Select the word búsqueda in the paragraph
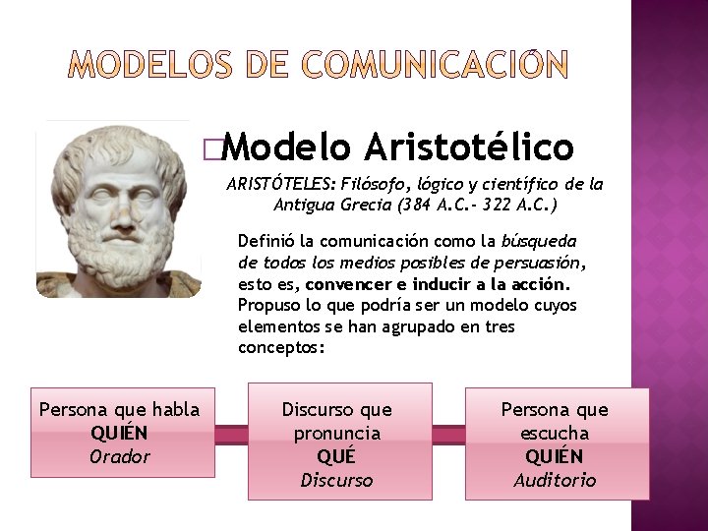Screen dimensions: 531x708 click(x=540, y=241)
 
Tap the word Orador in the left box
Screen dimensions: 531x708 click(x=119, y=456)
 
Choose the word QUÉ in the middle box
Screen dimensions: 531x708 click(x=336, y=456)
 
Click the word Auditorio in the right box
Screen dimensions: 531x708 click(x=555, y=480)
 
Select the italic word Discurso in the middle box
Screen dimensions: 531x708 click(x=336, y=480)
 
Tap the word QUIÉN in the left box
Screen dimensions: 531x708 click(x=119, y=433)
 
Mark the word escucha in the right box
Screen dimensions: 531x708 click(x=555, y=433)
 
